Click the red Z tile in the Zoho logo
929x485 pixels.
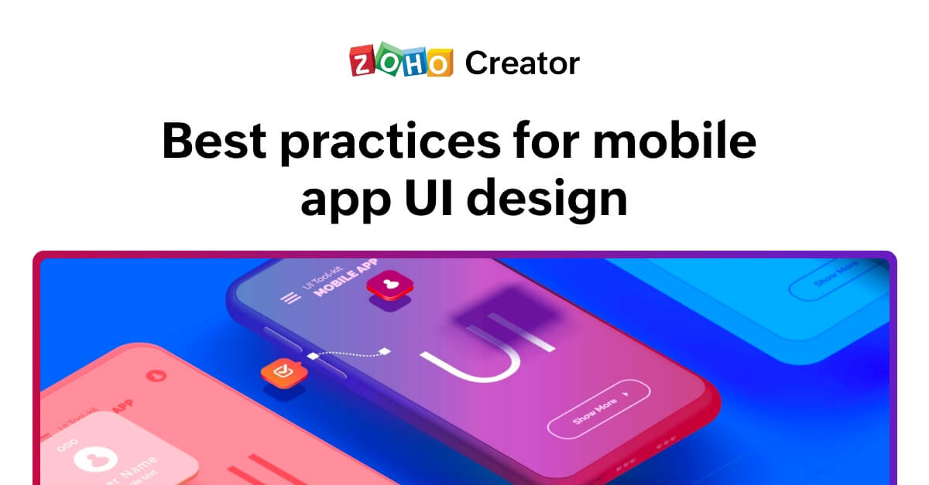coord(362,62)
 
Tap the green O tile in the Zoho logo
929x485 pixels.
coord(388,62)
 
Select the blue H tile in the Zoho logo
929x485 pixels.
coord(413,62)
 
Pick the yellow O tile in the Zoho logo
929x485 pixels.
coord(439,62)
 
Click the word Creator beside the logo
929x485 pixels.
coord(522,63)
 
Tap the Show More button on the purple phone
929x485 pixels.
coord(598,408)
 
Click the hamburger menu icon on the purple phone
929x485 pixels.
coord(290,298)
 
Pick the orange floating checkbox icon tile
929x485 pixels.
coord(281,372)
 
